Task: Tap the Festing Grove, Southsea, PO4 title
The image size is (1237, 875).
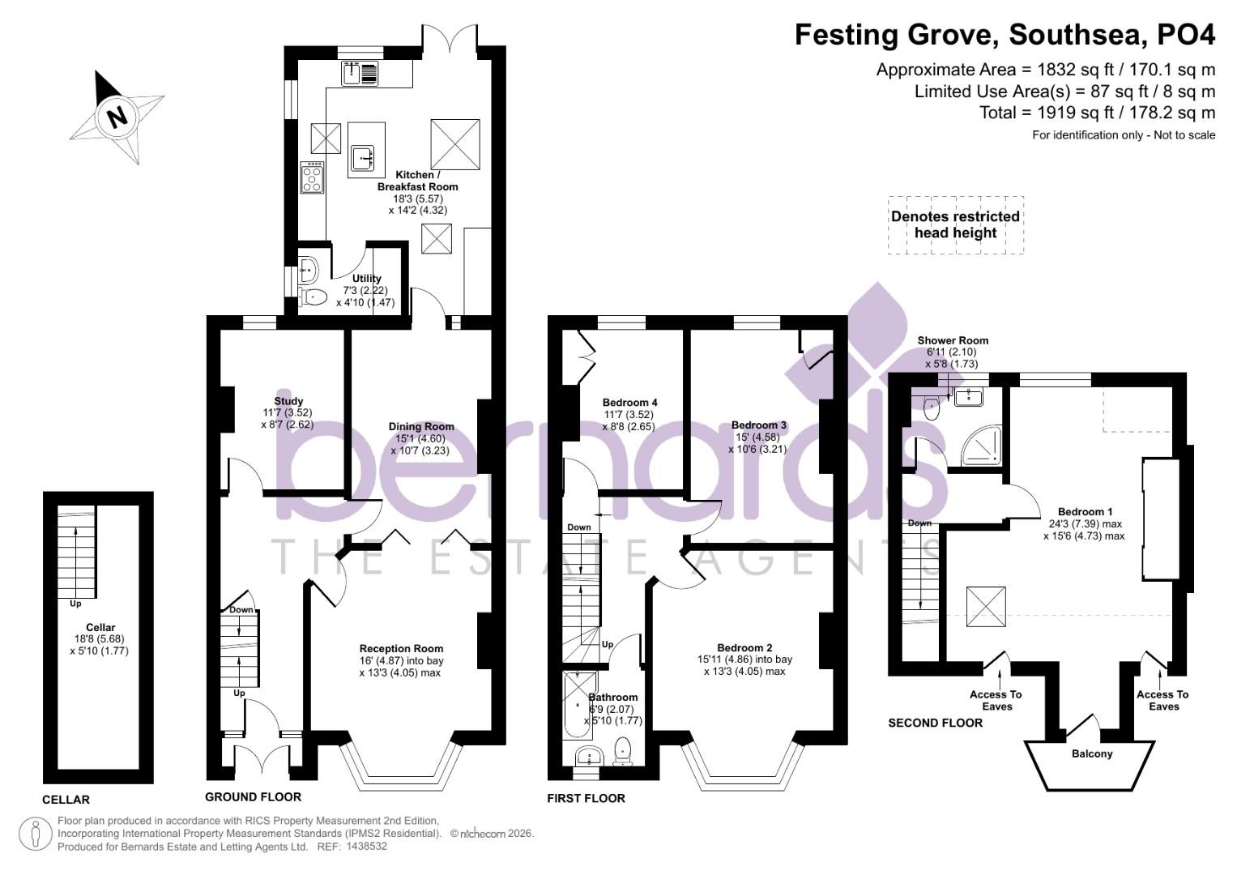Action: point(1005,36)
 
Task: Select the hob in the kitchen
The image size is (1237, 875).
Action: point(313,177)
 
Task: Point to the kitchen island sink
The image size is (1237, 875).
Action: point(362,156)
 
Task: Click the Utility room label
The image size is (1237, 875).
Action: point(366,279)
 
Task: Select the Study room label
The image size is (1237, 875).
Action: point(288,401)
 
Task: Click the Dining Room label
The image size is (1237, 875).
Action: point(421,427)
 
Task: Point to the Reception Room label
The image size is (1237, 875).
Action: point(401,648)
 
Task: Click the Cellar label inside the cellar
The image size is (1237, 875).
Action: point(100,627)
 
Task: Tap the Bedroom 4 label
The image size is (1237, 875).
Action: point(629,403)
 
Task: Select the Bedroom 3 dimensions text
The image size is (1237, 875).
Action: point(757,443)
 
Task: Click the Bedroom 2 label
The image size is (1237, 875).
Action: point(744,647)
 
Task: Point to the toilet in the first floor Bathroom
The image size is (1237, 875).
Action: point(623,749)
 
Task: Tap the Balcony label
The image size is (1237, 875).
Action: point(1092,753)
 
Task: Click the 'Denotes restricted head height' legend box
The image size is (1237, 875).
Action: point(955,225)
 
